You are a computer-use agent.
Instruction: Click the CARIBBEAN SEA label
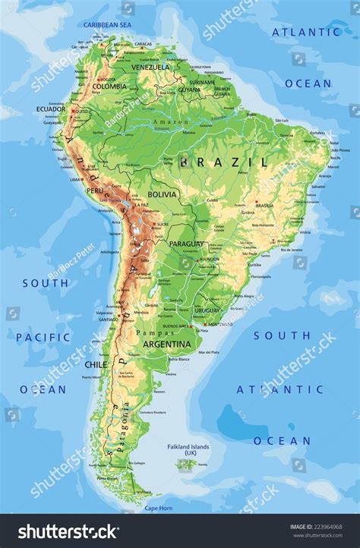point(107,25)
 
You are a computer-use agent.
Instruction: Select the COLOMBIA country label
point(109,87)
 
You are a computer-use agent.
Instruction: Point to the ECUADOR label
point(50,109)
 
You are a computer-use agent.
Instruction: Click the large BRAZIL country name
point(224,162)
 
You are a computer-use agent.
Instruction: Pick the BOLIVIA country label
point(163,194)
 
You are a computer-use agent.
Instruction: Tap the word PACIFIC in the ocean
point(43,337)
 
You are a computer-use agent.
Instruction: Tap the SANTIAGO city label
point(105,320)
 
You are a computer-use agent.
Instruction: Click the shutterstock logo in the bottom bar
point(68,531)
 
